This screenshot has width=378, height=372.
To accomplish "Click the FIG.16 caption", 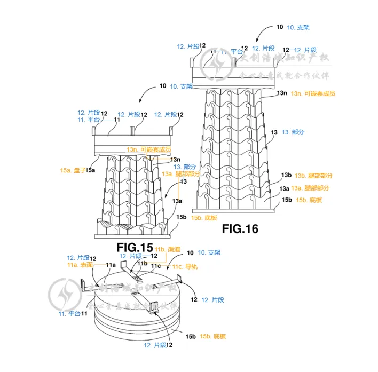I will pos(240,229).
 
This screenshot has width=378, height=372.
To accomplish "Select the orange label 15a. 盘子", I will pos(73,170).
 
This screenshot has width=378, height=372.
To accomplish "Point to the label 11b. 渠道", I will pos(167,249).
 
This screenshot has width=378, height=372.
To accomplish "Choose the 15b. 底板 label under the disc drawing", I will pos(213,336).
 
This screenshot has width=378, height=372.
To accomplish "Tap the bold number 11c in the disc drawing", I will pos(156,265).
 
